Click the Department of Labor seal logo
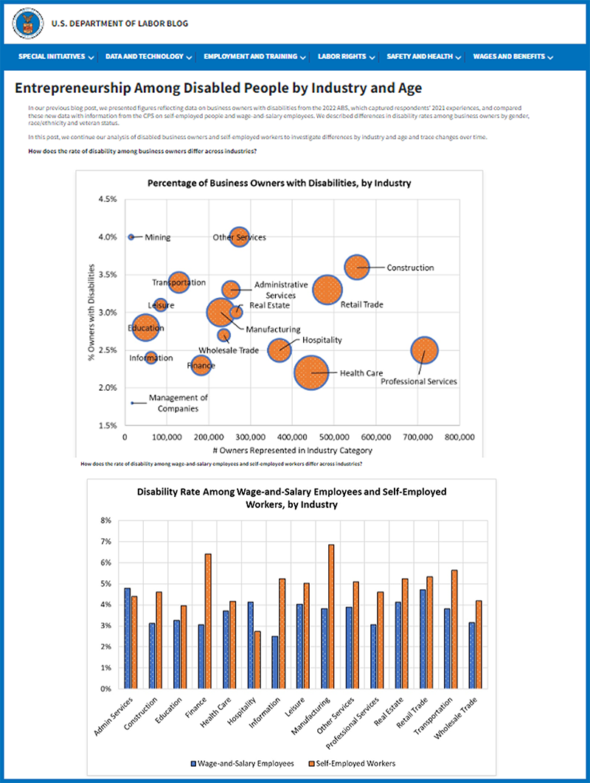pos(27,24)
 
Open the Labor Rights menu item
pos(347,56)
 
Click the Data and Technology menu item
pos(149,56)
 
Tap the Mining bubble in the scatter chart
pos(131,237)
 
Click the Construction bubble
pos(356,266)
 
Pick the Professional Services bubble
pos(424,351)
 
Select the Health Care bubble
pos(311,372)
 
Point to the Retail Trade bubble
pos(327,289)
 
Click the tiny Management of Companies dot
pos(132,403)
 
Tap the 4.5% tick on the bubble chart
pos(107,199)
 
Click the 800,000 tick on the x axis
pos(459,437)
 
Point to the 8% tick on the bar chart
pos(105,521)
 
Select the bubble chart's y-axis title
pos(91,312)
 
